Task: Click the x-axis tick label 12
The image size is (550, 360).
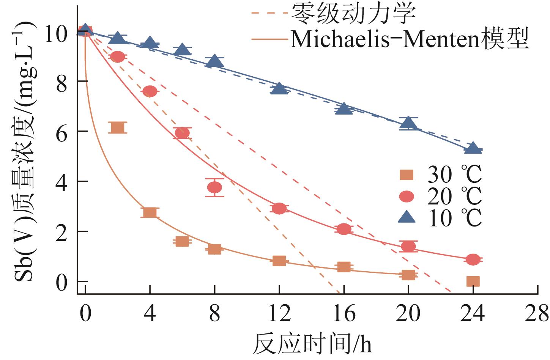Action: pyautogui.click(x=279, y=314)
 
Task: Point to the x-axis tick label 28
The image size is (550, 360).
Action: pyautogui.click(x=537, y=314)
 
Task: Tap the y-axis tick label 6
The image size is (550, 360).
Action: pyautogui.click(x=61, y=132)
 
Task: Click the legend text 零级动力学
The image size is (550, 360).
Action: pyautogui.click(x=353, y=13)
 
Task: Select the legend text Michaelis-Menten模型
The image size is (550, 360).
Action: pyautogui.click(x=410, y=39)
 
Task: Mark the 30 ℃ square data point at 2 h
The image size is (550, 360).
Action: pyautogui.click(x=118, y=127)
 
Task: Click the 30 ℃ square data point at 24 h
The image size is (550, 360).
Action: pyautogui.click(x=473, y=281)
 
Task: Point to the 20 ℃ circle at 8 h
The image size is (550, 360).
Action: pyautogui.click(x=214, y=187)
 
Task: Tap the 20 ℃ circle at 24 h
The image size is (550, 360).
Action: pyautogui.click(x=473, y=259)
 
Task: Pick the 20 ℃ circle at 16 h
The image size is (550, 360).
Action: pyautogui.click(x=344, y=229)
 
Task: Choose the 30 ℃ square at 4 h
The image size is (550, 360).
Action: pyautogui.click(x=150, y=212)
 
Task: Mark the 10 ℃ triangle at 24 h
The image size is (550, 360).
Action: pyautogui.click(x=473, y=148)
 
